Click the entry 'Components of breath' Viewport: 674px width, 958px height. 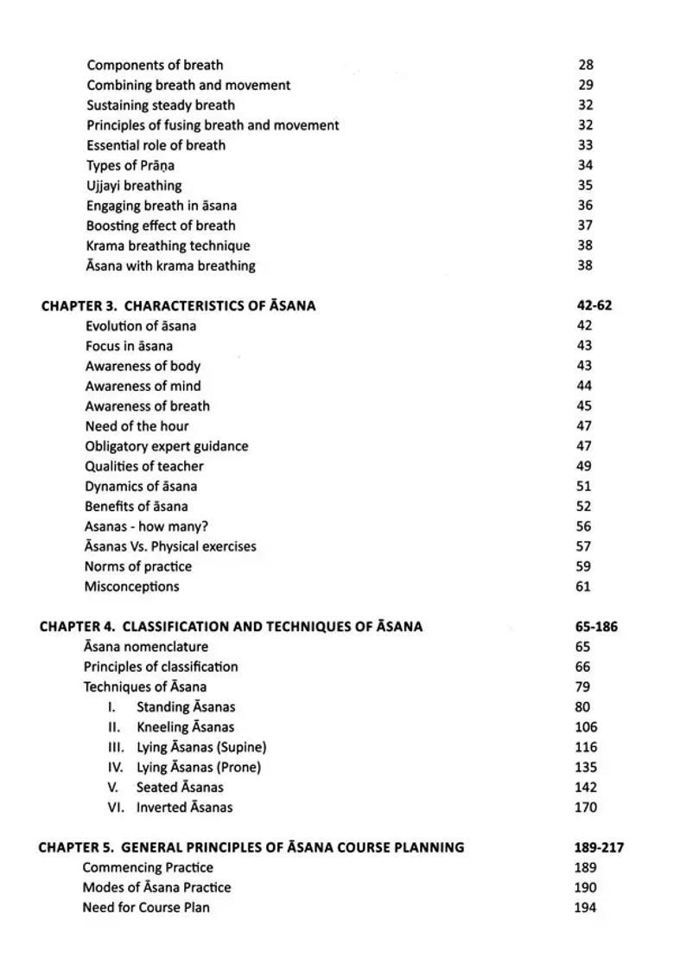click(x=155, y=65)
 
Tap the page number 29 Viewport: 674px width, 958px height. click(x=586, y=85)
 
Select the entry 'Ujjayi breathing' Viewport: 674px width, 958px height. click(x=134, y=185)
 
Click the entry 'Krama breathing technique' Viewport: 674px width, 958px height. click(x=168, y=246)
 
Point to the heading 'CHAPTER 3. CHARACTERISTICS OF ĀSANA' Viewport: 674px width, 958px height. click(x=178, y=305)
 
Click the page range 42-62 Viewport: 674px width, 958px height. click(x=595, y=305)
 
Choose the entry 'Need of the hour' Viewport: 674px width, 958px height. click(x=137, y=426)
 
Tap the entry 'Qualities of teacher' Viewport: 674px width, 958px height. click(x=144, y=466)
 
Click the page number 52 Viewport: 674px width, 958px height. click(x=584, y=507)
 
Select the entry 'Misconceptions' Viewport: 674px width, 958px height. click(x=131, y=586)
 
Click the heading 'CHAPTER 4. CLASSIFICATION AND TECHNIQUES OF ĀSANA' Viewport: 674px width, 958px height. click(x=231, y=627)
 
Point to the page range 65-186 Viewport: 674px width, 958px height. click(x=596, y=627)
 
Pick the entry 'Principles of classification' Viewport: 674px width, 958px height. click(x=161, y=667)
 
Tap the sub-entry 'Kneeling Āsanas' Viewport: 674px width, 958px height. click(x=185, y=727)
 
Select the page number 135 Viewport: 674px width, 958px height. click(x=586, y=767)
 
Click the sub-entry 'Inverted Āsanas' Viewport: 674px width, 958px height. click(x=184, y=808)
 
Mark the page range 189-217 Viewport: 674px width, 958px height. click(x=599, y=847)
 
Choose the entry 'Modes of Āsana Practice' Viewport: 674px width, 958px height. click(x=156, y=887)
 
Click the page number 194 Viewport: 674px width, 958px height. click(x=585, y=908)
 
